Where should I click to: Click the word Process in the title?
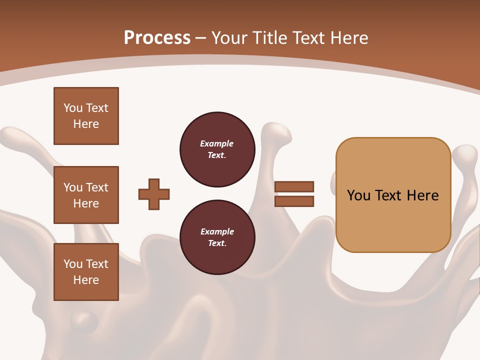(157, 37)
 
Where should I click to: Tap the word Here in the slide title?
(349, 37)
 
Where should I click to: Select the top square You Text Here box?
(86, 116)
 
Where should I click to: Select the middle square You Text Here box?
(86, 195)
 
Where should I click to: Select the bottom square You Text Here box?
(86, 272)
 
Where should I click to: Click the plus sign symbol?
(154, 194)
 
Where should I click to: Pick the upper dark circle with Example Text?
(217, 149)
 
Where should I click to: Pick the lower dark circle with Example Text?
(217, 237)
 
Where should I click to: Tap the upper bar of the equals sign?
(294, 186)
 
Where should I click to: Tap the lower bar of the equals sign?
(294, 201)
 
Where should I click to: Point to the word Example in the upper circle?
(217, 143)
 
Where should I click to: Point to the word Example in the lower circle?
(217, 231)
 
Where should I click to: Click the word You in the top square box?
(73, 108)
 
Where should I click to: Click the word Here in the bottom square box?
(86, 280)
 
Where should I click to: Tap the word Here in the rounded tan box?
(422, 195)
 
